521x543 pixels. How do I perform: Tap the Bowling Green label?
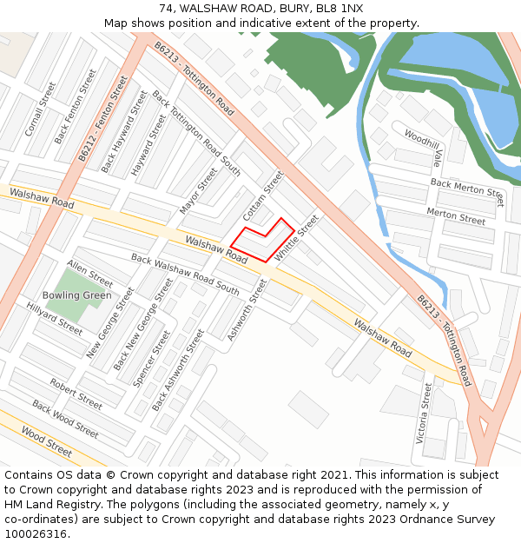[x=78, y=295]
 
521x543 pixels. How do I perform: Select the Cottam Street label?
[x=263, y=195]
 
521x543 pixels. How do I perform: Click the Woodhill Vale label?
[x=424, y=148]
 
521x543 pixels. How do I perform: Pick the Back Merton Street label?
[x=467, y=191]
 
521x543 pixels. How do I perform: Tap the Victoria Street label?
[x=424, y=414]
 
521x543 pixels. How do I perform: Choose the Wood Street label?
[x=46, y=440]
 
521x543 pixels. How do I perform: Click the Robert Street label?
[x=76, y=394]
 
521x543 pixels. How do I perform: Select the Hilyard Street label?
[x=54, y=319]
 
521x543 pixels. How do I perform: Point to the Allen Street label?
[x=89, y=274]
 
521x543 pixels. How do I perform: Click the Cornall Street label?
[x=40, y=109]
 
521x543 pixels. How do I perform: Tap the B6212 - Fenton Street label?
[x=102, y=118]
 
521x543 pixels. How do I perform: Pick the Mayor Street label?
[x=197, y=192]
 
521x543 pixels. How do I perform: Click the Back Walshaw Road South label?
[x=184, y=273]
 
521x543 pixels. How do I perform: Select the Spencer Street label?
[x=151, y=358]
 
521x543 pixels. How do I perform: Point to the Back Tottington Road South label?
[x=196, y=132]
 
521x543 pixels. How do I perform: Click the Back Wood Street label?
[x=65, y=418]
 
